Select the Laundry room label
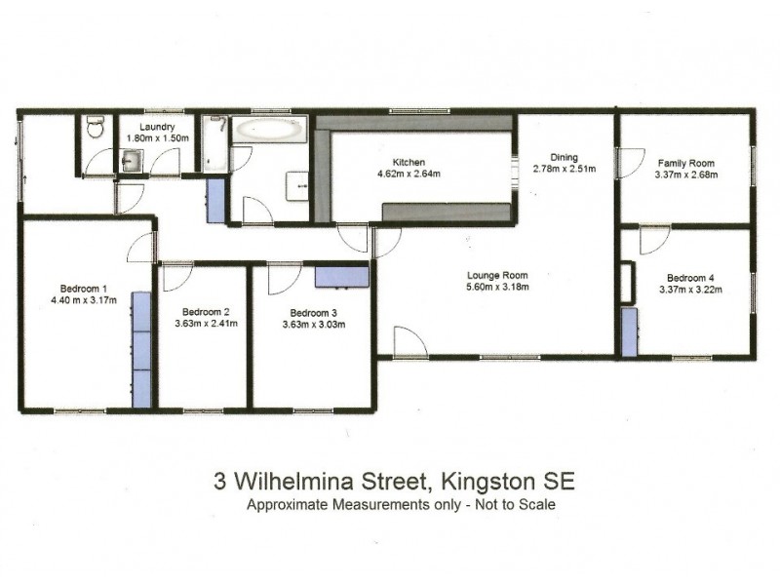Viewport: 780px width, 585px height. pos(157,127)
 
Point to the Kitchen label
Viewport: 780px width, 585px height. pos(409,163)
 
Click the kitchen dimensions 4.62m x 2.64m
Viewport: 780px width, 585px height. pos(409,175)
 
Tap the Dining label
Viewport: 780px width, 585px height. pos(564,157)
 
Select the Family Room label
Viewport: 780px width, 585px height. pos(686,163)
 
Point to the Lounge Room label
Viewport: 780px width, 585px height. pos(496,275)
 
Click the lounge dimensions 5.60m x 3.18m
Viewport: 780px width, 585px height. pos(497,288)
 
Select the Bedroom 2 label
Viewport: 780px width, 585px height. pos(206,311)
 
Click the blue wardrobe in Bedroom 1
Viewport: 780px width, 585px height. pos(142,349)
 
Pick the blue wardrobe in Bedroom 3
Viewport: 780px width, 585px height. pos(341,276)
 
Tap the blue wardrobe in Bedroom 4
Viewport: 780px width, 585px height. pos(630,331)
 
